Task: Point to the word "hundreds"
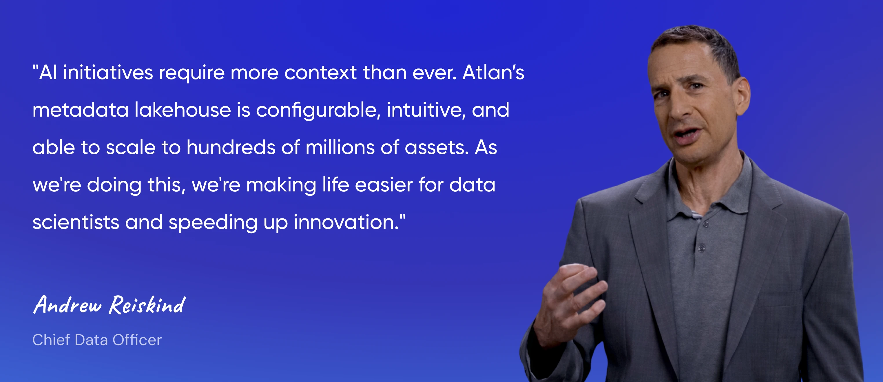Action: point(231,147)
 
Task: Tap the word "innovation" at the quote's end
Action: point(344,222)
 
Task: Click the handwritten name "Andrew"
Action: point(68,305)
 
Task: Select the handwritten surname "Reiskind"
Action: point(147,305)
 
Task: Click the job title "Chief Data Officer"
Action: point(97,340)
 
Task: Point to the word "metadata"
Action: point(81,110)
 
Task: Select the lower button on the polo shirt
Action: point(701,248)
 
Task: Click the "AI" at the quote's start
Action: point(48,73)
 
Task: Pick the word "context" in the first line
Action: point(320,73)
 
